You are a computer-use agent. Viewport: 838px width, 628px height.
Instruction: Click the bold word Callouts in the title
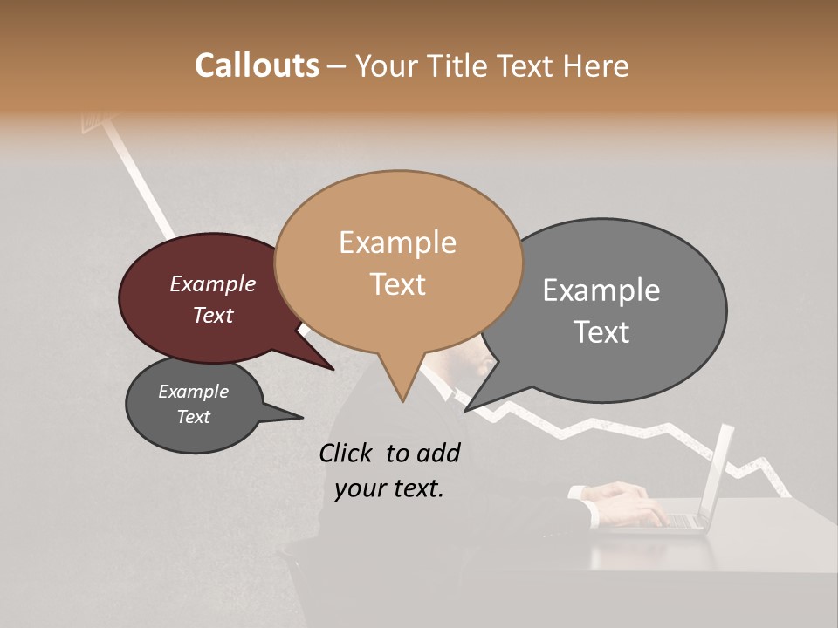click(257, 65)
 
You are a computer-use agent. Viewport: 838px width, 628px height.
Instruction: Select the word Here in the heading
click(595, 66)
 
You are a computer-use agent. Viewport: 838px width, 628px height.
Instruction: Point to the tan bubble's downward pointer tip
click(402, 400)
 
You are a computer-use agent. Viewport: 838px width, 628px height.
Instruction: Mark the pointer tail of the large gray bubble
click(471, 407)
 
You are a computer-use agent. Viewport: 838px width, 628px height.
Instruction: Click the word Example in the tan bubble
click(397, 242)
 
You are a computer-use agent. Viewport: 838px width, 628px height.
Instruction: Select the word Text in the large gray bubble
click(601, 332)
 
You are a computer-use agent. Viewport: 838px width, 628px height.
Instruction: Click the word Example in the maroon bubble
click(212, 284)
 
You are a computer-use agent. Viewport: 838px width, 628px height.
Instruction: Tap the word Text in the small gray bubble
click(193, 417)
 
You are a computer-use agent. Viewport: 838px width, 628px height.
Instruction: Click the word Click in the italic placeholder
click(347, 453)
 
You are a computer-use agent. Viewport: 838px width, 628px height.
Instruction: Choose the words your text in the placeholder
click(389, 488)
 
